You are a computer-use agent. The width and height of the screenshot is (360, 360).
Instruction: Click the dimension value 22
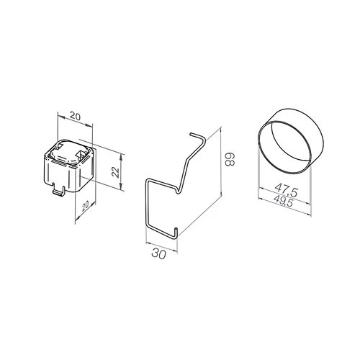click(116, 172)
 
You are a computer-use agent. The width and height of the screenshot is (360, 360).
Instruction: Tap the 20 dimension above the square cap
click(76, 117)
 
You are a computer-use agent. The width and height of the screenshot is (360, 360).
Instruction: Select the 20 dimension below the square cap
click(85, 206)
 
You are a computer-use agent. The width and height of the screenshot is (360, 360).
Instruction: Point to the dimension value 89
click(230, 159)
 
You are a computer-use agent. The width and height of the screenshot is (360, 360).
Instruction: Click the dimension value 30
click(158, 253)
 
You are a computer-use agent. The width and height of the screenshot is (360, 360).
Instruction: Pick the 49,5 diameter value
click(283, 201)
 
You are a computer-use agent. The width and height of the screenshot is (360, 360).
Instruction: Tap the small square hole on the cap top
click(80, 153)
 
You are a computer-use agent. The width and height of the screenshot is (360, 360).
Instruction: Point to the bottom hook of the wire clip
click(176, 233)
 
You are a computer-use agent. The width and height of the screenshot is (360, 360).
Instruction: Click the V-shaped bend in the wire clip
click(178, 190)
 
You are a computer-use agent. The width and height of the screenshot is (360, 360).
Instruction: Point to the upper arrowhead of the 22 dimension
click(121, 156)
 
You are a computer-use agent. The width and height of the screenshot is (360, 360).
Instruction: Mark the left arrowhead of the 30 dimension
click(149, 244)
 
